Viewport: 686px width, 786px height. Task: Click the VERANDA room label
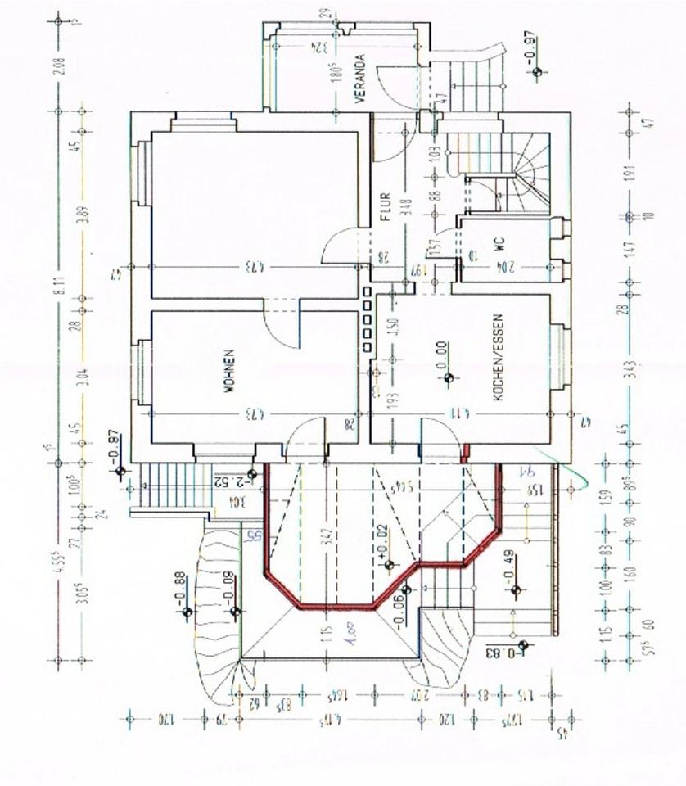click(x=358, y=84)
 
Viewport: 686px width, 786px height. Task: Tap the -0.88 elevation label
click(x=180, y=588)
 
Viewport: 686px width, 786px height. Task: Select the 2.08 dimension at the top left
click(x=58, y=65)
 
